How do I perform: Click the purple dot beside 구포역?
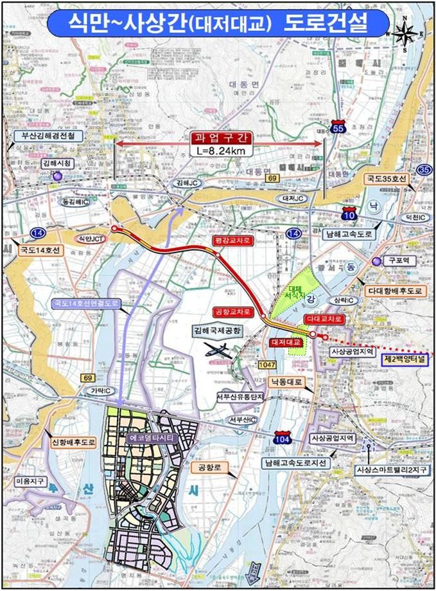tap(375, 260)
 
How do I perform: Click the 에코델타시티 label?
tap(151, 438)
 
